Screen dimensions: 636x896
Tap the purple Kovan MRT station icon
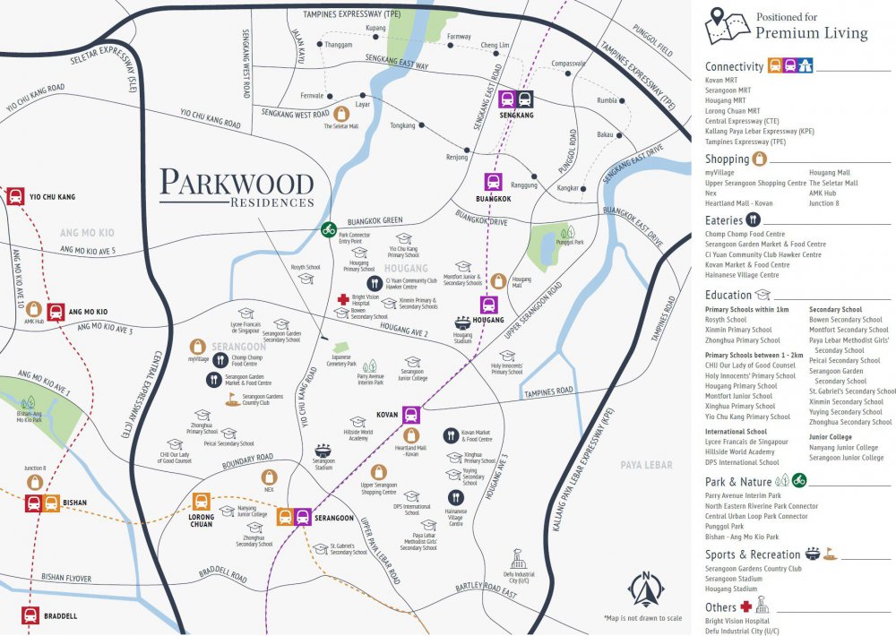click(411, 414)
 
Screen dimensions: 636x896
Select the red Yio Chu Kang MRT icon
click(15, 196)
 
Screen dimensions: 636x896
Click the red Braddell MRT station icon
click(30, 615)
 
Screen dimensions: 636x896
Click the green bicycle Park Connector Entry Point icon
click(329, 229)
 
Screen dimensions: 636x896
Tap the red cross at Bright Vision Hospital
click(342, 299)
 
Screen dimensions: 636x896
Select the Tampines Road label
click(548, 391)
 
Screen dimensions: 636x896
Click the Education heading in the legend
click(728, 295)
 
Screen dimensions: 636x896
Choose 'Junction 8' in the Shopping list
click(824, 203)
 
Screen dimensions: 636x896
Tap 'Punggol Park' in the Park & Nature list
click(725, 527)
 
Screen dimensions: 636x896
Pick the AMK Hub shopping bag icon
click(33, 309)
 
